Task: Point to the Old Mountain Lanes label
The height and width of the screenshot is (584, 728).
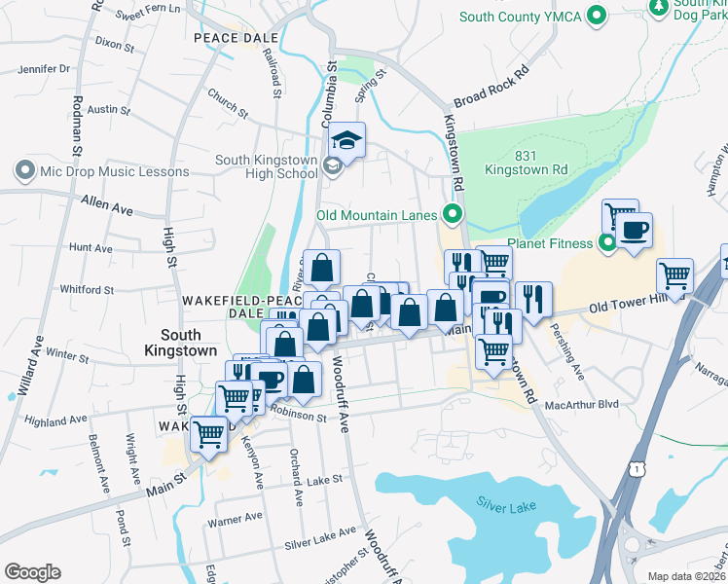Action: [x=379, y=215]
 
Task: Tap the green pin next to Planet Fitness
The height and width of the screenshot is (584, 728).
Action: [x=608, y=242]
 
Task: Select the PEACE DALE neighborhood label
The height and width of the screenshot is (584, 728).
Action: [x=236, y=38]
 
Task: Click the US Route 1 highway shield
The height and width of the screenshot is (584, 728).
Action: [x=636, y=469]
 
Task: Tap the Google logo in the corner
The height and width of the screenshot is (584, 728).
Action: [x=32, y=572]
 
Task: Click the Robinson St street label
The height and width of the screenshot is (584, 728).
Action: [x=297, y=416]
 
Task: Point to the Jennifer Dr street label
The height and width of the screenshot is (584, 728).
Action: [x=44, y=69]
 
